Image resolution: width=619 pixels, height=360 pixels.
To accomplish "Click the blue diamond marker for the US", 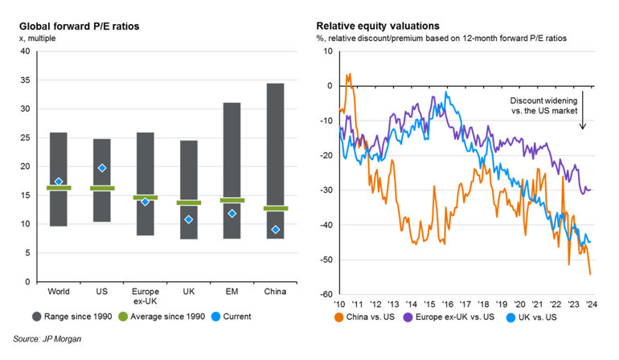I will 102,168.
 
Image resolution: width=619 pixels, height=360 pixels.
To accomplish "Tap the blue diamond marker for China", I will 276,230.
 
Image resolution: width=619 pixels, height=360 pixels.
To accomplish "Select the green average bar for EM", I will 232,200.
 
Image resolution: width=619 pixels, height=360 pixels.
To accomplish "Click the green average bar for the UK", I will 189,202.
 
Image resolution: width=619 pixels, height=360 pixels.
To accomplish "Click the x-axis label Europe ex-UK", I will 146,297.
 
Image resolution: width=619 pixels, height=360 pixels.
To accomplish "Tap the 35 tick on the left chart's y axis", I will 24,80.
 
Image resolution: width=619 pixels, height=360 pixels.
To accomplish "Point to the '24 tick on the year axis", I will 591,304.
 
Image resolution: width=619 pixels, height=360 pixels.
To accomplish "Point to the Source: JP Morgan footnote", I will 47,340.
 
